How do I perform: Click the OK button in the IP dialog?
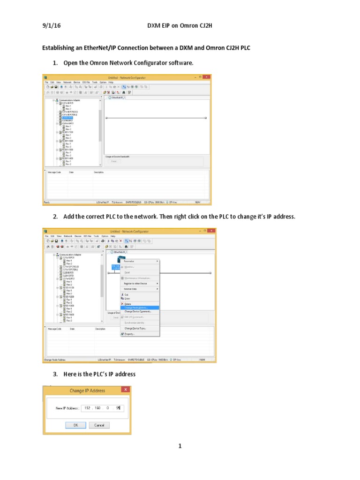click(76, 425)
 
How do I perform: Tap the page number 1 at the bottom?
click(180, 446)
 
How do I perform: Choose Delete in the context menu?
click(128, 303)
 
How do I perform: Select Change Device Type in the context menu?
click(135, 328)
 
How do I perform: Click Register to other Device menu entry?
click(136, 283)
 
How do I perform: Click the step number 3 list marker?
click(54, 374)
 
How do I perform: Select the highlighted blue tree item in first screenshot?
click(67, 118)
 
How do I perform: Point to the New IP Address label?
click(67, 408)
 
